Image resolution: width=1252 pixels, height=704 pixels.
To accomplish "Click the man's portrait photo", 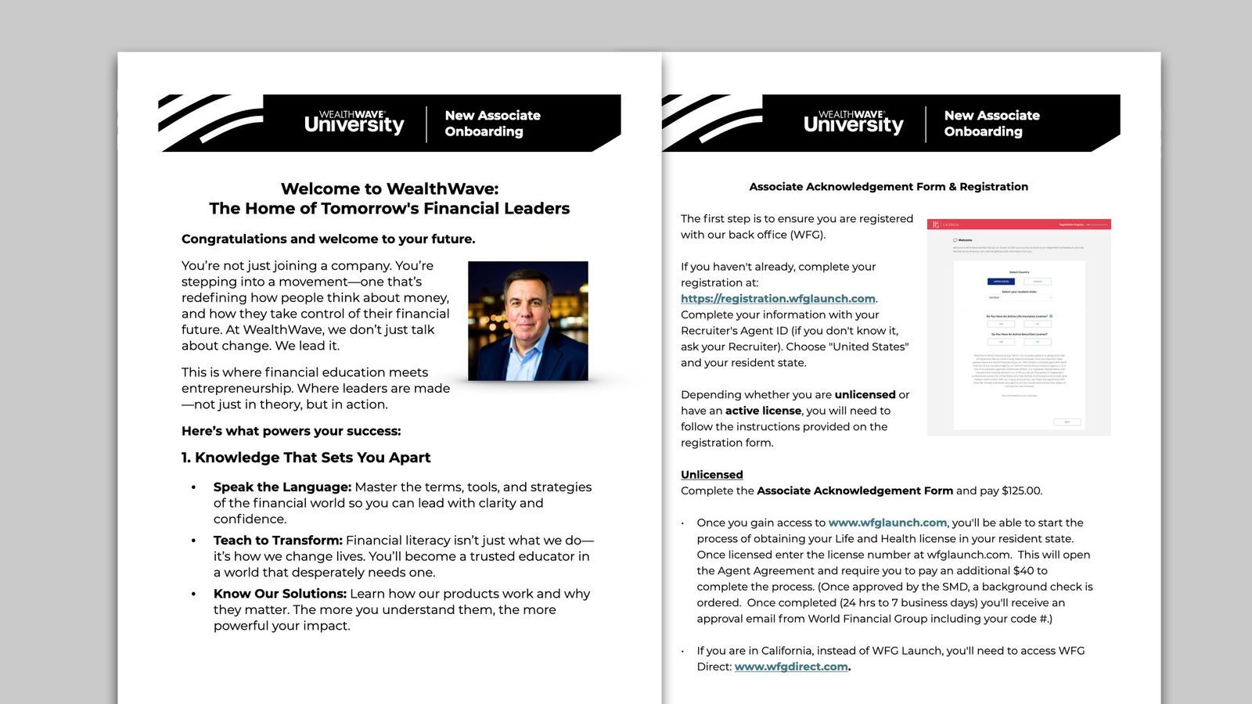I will pos(527,321).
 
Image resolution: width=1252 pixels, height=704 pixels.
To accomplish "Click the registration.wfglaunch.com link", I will pos(778,299).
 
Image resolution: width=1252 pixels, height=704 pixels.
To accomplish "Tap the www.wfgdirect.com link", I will pos(791,667).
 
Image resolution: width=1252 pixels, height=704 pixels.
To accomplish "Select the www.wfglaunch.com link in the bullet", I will pos(887,523).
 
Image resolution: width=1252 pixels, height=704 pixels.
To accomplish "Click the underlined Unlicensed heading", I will pos(711,475).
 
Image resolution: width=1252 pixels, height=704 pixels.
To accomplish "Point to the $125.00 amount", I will pos(1021,491).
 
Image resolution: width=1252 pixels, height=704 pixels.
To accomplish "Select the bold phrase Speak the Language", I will pos(282,487).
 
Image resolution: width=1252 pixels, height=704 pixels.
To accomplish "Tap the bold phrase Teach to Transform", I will pos(278,541).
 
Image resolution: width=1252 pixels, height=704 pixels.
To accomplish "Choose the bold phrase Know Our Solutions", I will pos(279,594).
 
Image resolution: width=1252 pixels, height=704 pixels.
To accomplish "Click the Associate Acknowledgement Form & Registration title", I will pos(888,187).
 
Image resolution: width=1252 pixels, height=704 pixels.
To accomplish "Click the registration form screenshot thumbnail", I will pos(1019,327).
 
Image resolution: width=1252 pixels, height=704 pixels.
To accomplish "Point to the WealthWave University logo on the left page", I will pos(354,123).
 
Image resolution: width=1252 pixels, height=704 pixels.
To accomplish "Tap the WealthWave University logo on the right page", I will pos(853,123).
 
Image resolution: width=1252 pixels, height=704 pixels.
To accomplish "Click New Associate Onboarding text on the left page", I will pos(492,124).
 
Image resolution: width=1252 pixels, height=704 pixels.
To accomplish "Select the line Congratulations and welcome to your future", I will pos(328,239).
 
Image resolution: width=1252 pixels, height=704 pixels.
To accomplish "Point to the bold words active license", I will pos(763,411).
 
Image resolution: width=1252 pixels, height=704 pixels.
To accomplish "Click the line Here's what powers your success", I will pos(291,431).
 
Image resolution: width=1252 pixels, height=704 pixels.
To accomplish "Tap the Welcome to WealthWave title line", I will pos(389,189).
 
